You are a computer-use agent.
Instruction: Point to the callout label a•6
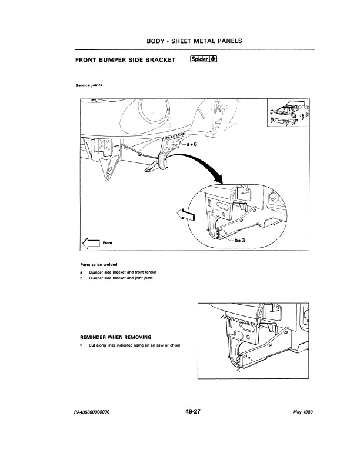[194, 144]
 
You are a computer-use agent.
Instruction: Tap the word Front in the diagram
[108, 243]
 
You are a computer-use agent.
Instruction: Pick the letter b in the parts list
[81, 279]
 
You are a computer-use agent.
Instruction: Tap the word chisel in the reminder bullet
[172, 345]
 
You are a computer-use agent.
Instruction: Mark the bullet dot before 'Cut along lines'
[81, 345]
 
